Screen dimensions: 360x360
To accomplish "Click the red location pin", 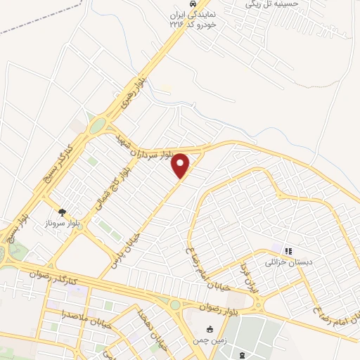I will click(181, 165).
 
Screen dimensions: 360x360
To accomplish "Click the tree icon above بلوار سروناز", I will click(63, 211).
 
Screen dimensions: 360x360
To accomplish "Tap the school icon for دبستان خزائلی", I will click(288, 250).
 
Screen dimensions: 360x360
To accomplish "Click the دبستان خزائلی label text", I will click(285, 262).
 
